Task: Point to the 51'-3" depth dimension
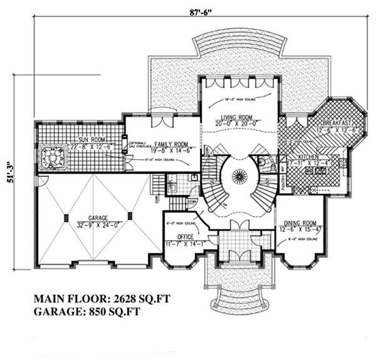(14, 171)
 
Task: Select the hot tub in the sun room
(52, 158)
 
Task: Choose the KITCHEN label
(310, 158)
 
